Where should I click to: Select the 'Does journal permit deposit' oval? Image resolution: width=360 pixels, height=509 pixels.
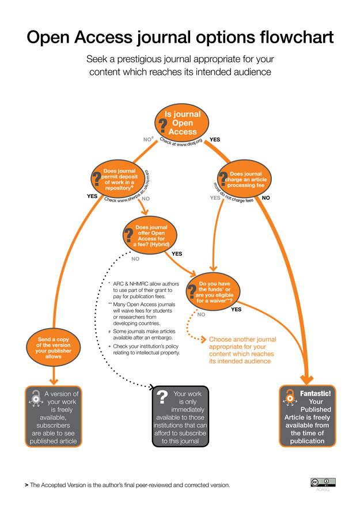pyautogui.click(x=119, y=179)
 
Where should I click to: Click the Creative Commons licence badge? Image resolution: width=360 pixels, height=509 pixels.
pyautogui.click(x=323, y=483)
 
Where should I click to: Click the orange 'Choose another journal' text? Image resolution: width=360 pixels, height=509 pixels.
pyautogui.click(x=242, y=350)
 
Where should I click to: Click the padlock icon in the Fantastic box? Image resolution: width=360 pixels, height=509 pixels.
pyautogui.click(x=289, y=397)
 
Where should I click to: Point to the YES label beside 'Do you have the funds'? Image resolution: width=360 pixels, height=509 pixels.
pyautogui.click(x=236, y=310)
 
